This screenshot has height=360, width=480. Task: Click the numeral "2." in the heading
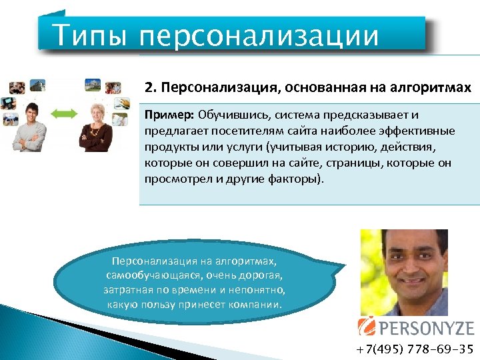coord(151,87)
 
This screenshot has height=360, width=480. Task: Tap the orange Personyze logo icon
coord(367,326)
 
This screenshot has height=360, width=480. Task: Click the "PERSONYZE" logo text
coord(425,327)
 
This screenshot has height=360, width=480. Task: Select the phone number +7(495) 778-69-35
coord(414,349)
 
